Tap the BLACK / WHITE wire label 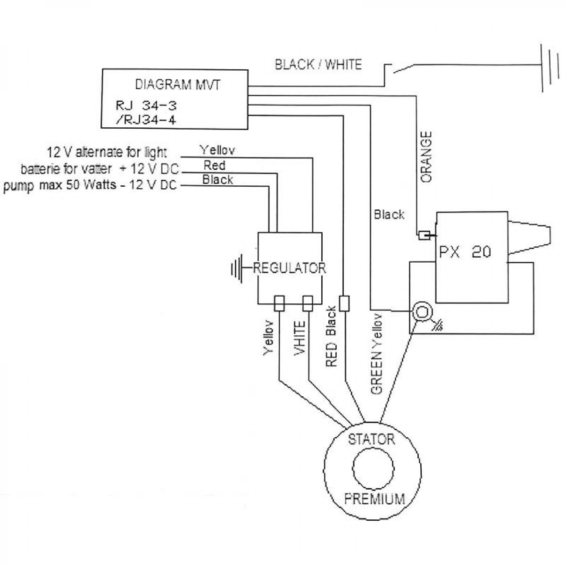[x=318, y=65]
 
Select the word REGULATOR [x=290, y=268]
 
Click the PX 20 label [x=465, y=252]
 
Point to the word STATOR [x=371, y=440]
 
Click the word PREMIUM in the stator [x=375, y=499]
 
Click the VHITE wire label [x=300, y=338]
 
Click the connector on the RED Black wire [x=345, y=303]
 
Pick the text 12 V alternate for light [x=107, y=152]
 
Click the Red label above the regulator [x=215, y=165]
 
